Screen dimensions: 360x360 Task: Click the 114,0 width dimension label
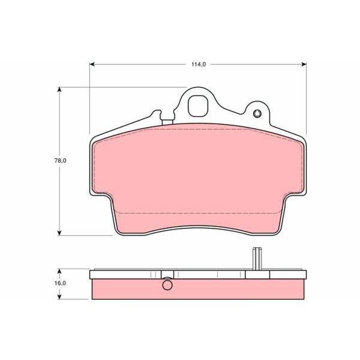(197, 64)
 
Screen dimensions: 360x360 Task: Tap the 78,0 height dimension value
(59, 161)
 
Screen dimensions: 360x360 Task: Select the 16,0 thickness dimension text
(59, 283)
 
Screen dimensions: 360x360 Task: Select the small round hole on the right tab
(257, 115)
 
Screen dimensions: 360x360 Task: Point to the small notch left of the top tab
(157, 113)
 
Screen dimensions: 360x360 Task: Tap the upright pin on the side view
(257, 259)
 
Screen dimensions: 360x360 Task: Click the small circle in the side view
(167, 285)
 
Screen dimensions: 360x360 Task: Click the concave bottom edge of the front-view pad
(198, 226)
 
